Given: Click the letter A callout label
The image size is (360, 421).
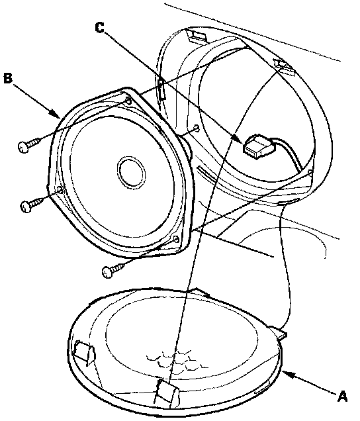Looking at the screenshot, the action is tap(342, 396).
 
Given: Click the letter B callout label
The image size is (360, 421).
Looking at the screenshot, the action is tap(8, 78).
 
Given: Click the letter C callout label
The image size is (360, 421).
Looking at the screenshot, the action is tap(100, 28).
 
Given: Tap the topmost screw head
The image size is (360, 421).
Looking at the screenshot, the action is tap(22, 147).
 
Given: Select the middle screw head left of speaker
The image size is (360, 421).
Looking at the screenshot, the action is tap(26, 207).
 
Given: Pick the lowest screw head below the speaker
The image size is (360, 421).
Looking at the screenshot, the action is tap(107, 272).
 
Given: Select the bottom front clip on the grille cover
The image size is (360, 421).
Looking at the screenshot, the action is tap(167, 393).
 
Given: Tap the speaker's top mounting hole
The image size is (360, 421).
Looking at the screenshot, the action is tap(128, 101).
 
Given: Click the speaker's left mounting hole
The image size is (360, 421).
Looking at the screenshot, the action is tap(60, 191).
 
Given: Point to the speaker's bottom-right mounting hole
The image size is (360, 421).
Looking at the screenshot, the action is tap(177, 239).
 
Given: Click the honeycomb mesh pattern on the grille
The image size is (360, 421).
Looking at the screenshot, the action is tap(178, 360).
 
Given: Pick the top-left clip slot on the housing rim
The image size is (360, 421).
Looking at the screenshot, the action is tap(197, 36).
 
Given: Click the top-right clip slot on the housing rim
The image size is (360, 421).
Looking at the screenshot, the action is tap(284, 67).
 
